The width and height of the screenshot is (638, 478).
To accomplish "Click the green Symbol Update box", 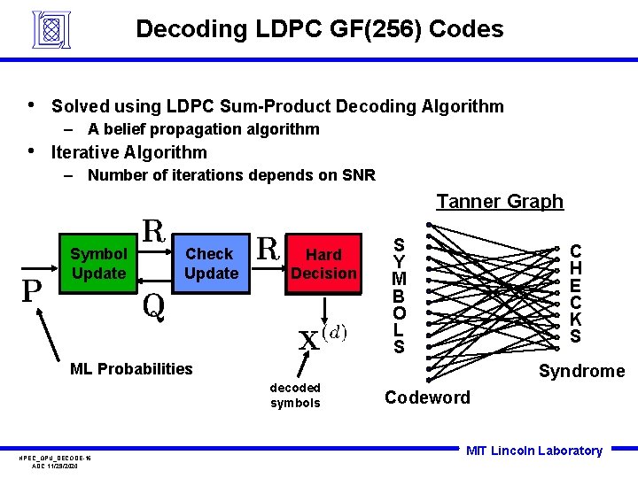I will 98,263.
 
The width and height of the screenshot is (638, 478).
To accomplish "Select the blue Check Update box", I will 210,263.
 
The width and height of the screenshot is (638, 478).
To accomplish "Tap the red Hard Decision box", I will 323,263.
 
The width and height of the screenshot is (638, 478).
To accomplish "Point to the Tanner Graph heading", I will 500,202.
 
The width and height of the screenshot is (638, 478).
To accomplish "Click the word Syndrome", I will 581,371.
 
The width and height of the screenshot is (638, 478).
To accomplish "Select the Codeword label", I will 427,397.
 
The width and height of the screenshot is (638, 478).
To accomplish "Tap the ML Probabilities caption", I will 131,369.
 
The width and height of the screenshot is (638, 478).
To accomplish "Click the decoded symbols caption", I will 295,396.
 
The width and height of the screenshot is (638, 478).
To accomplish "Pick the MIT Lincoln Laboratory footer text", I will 533,451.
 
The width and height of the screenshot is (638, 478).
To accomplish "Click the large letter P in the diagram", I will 33,291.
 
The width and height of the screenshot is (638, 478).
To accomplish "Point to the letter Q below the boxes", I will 153,305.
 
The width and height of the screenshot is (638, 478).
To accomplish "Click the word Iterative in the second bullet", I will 86,152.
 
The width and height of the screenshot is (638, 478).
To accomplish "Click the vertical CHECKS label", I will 576,294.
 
